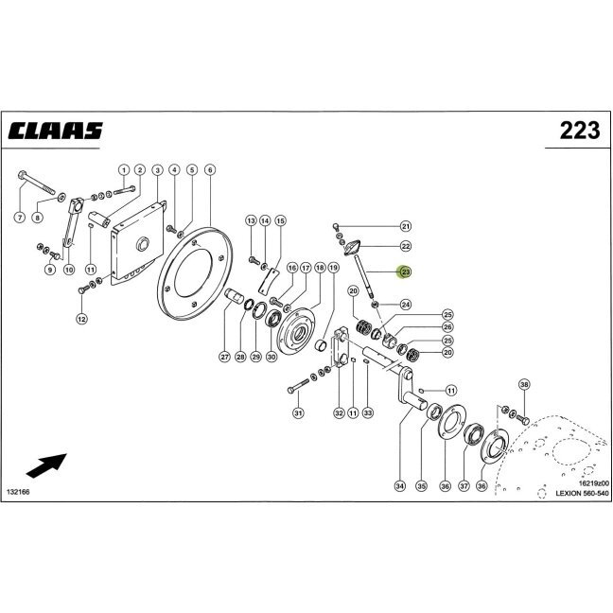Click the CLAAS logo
(55, 131)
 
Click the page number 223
(579, 131)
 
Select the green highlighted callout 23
(406, 271)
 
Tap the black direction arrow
(46, 465)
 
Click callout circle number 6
(210, 170)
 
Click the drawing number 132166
(18, 491)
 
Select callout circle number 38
(524, 385)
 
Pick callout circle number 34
(399, 486)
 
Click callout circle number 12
(81, 319)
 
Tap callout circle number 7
(20, 218)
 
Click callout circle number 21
(406, 226)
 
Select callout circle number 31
(298, 412)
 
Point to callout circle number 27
(225, 357)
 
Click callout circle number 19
(333, 268)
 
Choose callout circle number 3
(157, 170)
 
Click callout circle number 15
(280, 220)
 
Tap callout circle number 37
(464, 486)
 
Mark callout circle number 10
(69, 270)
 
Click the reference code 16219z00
(593, 483)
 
